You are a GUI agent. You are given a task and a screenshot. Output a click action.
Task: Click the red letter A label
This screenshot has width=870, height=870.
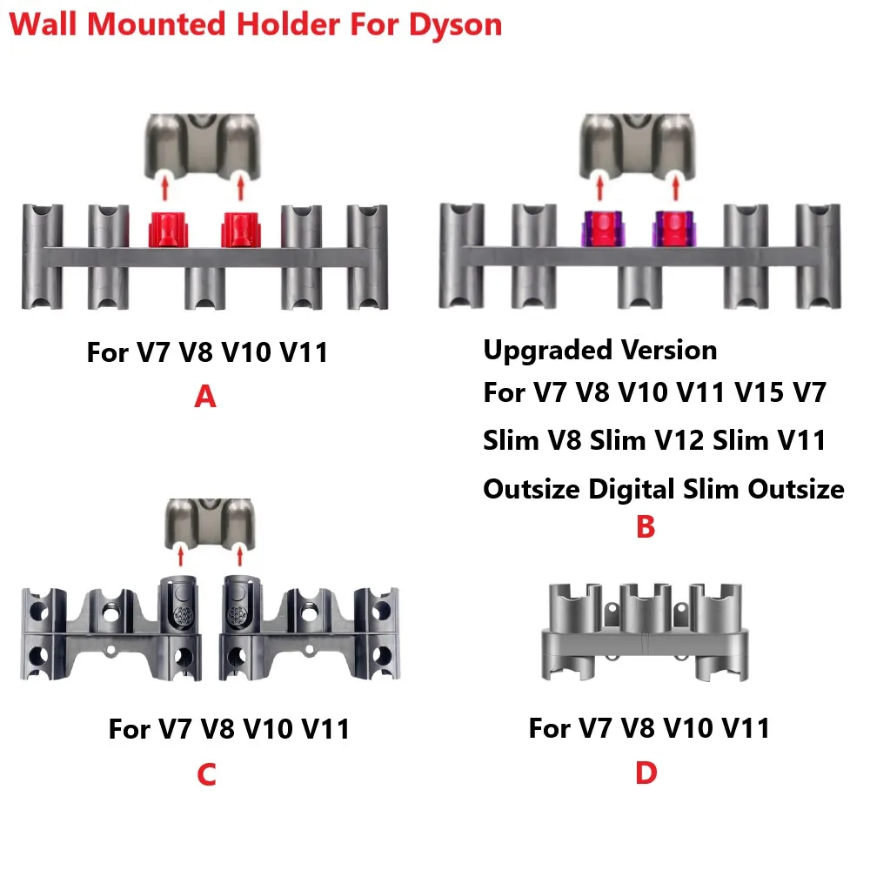[x=204, y=398]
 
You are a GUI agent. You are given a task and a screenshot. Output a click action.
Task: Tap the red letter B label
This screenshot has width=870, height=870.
[x=645, y=527]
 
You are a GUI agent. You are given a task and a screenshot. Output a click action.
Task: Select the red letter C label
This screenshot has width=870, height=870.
[x=206, y=774]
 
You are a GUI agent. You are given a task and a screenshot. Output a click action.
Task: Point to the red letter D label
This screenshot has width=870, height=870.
[x=646, y=773]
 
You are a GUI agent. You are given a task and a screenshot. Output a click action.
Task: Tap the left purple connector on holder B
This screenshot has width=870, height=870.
[x=598, y=229]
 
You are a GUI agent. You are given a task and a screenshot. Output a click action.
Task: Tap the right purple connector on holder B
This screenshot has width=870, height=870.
[x=670, y=229]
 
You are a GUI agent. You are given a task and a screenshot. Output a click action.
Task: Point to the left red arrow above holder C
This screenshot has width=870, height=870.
[x=180, y=554]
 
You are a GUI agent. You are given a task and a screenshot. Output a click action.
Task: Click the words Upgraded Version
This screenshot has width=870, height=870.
[x=600, y=351]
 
